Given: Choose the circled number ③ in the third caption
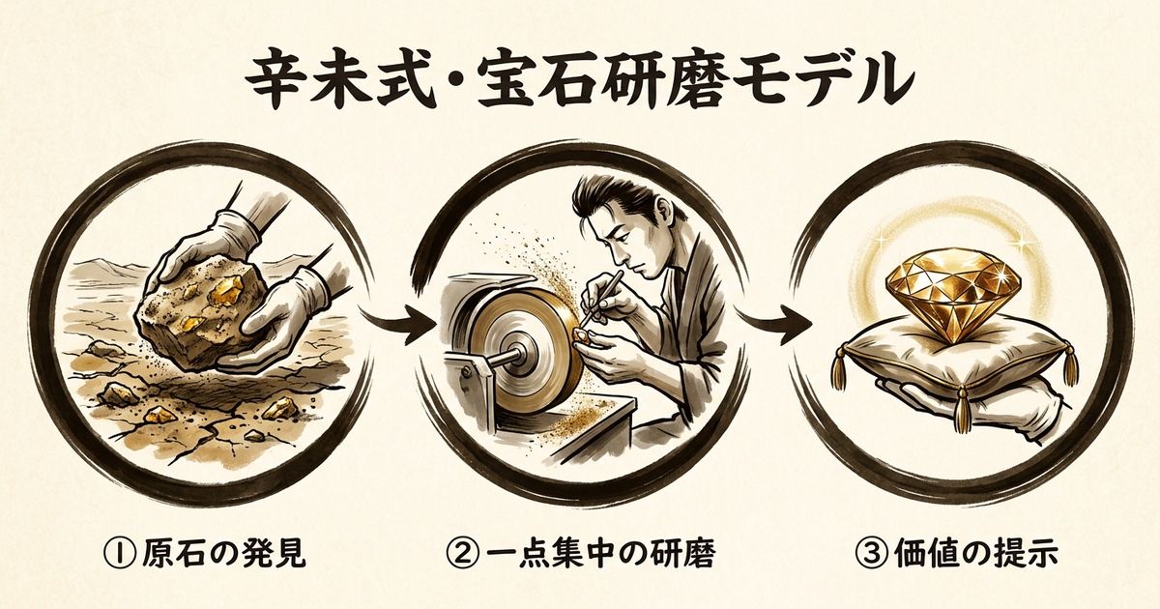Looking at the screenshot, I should tap(882, 555).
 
